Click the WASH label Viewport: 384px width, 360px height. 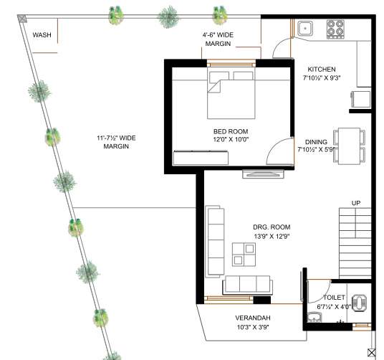[42, 34]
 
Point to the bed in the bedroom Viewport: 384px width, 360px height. [231, 95]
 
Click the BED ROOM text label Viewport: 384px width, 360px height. [230, 131]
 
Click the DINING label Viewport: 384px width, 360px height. [316, 141]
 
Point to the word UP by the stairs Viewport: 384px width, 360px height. [355, 203]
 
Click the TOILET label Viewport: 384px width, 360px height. [334, 297]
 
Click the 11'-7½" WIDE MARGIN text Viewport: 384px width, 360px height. [117, 141]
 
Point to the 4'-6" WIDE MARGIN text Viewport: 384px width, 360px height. [218, 39]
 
